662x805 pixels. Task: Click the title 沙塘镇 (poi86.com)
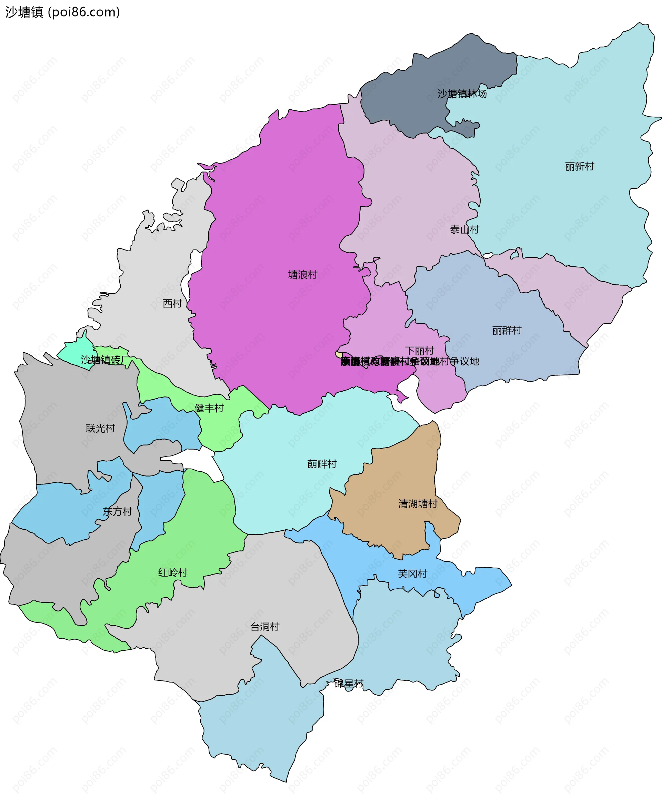62,12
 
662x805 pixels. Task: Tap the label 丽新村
579,166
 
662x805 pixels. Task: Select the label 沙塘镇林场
462,94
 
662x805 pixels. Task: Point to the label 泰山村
464,229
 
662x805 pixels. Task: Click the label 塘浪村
302,275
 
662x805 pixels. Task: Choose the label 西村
172,303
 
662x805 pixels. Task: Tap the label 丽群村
506,331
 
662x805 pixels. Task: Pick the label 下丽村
420,351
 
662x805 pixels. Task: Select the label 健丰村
209,408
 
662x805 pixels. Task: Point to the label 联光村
100,429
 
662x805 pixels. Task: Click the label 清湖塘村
418,504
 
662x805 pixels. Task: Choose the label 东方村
118,512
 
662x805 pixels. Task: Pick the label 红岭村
173,572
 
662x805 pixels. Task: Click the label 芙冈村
412,573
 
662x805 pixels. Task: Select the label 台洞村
265,627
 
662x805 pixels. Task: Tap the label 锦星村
349,683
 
